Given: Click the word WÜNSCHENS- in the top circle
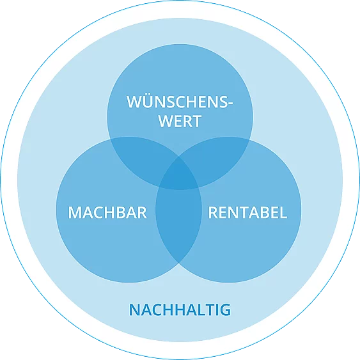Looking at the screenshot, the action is [180, 102].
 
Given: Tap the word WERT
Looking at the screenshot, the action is [180, 121].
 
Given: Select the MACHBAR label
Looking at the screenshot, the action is [107, 212].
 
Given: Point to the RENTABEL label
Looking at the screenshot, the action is [247, 212].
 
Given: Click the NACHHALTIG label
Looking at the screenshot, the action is [180, 309].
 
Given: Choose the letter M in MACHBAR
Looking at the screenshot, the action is [75, 212].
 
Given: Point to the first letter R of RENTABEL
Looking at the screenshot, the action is [212, 212].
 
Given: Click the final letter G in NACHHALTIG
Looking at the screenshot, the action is [225, 309].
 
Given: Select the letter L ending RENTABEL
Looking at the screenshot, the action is [283, 212].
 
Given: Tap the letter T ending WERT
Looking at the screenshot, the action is [196, 121].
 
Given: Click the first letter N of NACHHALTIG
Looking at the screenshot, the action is [134, 309].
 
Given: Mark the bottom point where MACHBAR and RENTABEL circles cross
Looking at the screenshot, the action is [179, 263].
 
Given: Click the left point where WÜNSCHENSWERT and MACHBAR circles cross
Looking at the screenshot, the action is [111, 139].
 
